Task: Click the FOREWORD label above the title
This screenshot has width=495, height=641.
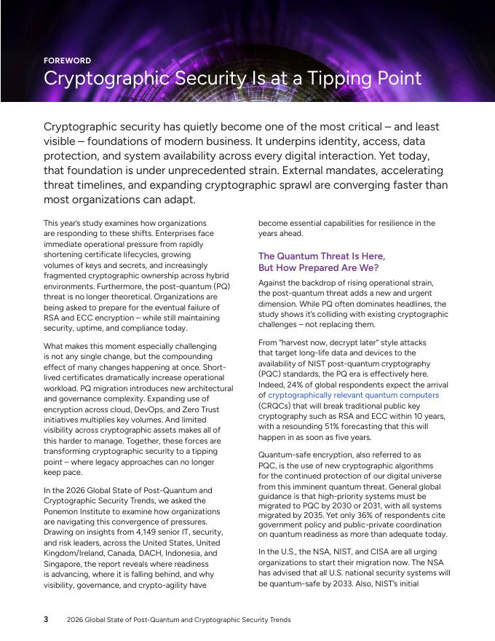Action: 67,60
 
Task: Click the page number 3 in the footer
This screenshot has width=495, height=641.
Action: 46,620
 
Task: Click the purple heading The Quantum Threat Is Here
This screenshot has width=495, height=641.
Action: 322,256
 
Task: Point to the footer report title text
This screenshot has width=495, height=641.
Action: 178,620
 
